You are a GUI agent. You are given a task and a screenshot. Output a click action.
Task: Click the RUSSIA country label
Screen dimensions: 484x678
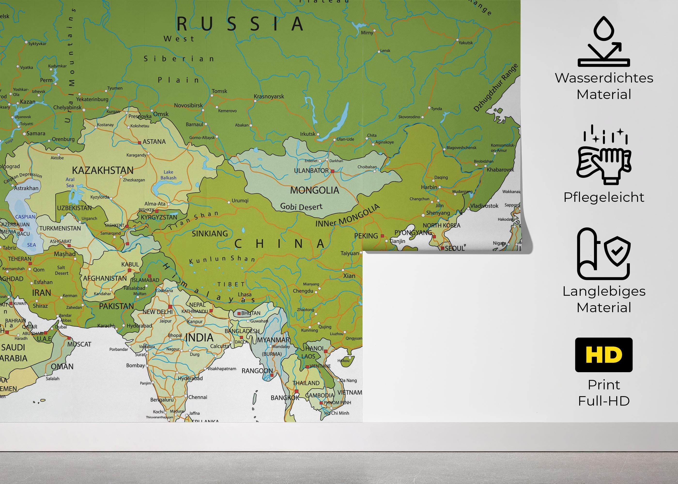pos(240,24)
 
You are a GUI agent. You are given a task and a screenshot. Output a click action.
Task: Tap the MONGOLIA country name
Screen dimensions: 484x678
pos(315,190)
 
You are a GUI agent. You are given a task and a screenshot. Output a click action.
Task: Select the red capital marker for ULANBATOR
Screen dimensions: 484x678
pos(332,171)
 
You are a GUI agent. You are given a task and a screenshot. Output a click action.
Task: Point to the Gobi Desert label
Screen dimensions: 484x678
pos(301,206)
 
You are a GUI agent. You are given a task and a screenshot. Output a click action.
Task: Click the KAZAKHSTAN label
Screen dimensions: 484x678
pos(103,170)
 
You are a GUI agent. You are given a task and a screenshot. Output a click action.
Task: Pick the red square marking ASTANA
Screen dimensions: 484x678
pos(139,143)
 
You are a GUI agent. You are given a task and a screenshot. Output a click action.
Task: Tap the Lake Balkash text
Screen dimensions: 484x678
pos(169,175)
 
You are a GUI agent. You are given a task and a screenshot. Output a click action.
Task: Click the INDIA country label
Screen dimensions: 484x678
pos(199,338)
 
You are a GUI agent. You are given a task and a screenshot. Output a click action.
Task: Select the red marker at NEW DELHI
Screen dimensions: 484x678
pos(170,307)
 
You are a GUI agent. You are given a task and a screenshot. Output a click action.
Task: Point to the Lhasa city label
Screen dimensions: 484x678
pos(245,295)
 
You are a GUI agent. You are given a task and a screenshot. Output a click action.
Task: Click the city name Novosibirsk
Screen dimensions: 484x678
pos(188,106)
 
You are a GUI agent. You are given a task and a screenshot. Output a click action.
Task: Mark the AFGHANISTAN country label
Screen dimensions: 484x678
pos(105,278)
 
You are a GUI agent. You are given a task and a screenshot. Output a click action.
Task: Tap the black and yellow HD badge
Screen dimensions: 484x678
pos(604,355)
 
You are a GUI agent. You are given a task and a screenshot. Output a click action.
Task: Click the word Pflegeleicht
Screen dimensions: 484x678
pos(604,197)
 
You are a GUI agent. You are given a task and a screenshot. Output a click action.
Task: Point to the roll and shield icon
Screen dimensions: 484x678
pos(603,254)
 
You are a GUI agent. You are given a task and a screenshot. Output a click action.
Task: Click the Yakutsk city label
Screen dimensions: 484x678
pos(466,43)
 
